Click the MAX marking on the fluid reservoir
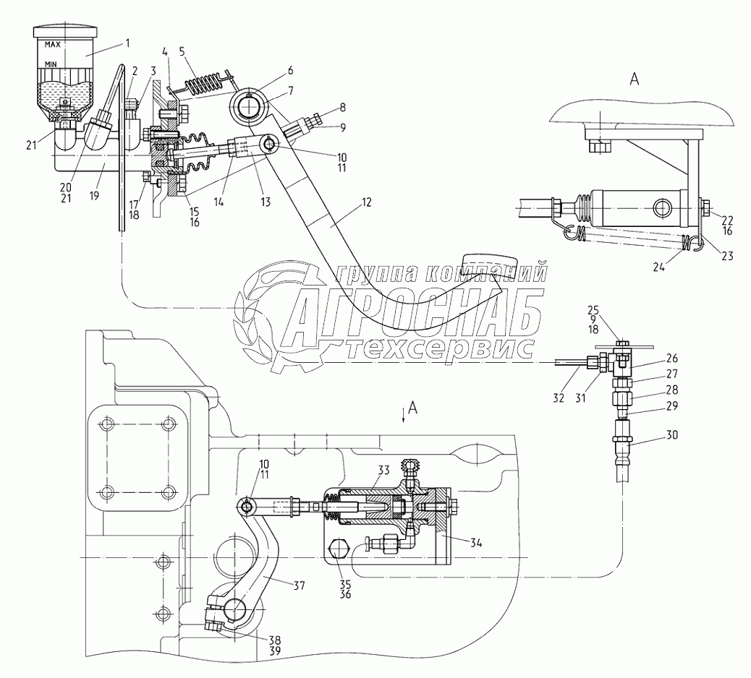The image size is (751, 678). pyautogui.click(x=52, y=45)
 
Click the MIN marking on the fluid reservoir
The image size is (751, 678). pyautogui.click(x=51, y=64)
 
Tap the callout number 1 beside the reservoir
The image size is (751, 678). pyautogui.click(x=127, y=43)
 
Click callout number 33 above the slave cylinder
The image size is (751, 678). pyautogui.click(x=382, y=470)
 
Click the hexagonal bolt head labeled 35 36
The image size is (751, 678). pyautogui.click(x=338, y=551)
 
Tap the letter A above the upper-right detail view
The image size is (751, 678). pyautogui.click(x=634, y=80)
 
